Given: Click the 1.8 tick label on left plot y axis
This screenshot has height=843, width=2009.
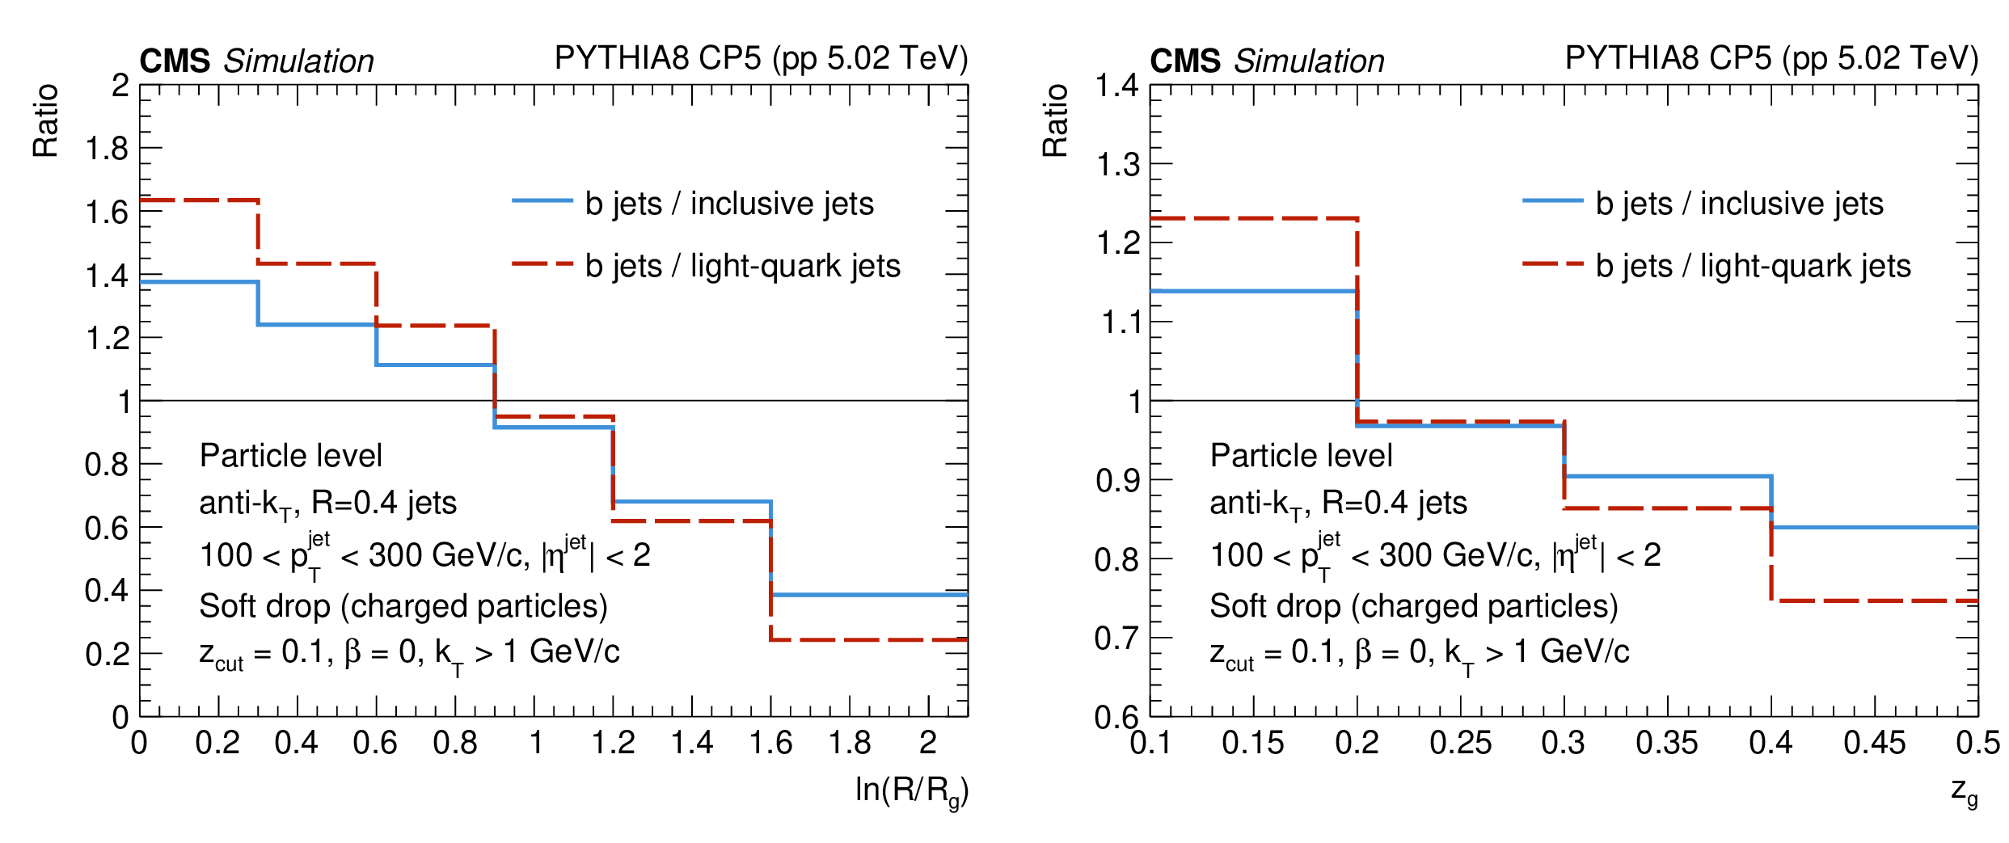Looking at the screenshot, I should (x=107, y=149).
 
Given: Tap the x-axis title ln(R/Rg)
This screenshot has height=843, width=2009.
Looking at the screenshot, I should (x=911, y=790).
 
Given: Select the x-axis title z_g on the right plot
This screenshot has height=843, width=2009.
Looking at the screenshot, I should (x=1964, y=790).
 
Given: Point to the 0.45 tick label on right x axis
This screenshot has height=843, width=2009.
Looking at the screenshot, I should (x=1874, y=743).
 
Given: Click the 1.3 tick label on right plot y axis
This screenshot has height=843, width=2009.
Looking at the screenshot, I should (x=1117, y=165).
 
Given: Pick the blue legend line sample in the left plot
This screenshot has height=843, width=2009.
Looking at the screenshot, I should (x=542, y=200).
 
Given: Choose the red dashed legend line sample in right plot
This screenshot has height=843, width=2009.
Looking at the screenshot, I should (x=1552, y=263).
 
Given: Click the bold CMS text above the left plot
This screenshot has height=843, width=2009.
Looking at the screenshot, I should (x=175, y=61).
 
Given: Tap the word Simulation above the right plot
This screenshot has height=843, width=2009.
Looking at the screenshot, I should (x=1309, y=61).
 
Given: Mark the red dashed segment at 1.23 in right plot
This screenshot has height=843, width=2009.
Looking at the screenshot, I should (x=1253, y=218).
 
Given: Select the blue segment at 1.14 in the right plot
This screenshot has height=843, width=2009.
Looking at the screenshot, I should (x=1253, y=291).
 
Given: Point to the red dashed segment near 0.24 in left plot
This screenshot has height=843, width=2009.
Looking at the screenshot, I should (x=869, y=640).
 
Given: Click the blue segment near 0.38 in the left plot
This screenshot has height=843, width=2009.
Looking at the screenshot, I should (x=869, y=595).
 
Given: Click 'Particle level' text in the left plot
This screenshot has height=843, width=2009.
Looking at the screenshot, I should (x=290, y=456).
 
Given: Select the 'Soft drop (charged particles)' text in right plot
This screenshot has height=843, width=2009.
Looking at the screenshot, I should (x=1413, y=606).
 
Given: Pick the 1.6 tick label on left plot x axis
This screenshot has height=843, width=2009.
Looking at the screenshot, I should (x=770, y=743).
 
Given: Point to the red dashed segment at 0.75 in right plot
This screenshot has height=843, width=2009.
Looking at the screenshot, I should (x=1874, y=601).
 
